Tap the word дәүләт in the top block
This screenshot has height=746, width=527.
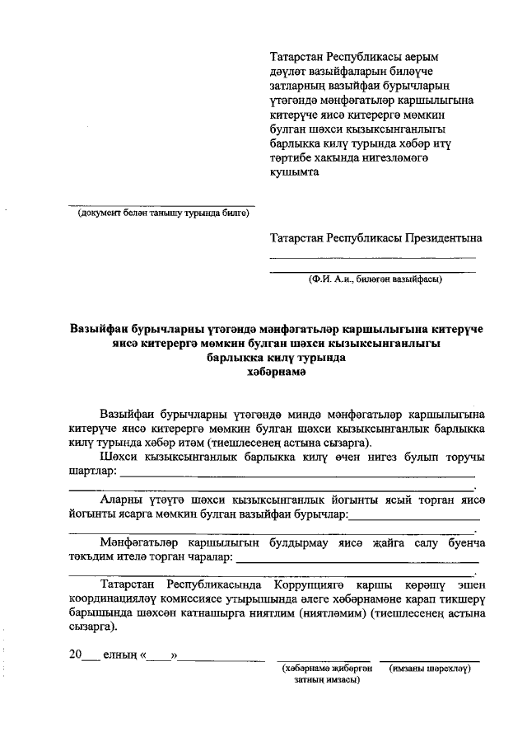[292, 72]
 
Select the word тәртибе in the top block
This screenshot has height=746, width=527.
[296, 157]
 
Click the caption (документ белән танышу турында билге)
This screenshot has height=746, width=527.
[162, 213]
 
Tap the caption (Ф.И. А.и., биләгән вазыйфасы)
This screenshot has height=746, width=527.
[375, 279]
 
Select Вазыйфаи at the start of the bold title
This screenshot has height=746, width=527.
[100, 329]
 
